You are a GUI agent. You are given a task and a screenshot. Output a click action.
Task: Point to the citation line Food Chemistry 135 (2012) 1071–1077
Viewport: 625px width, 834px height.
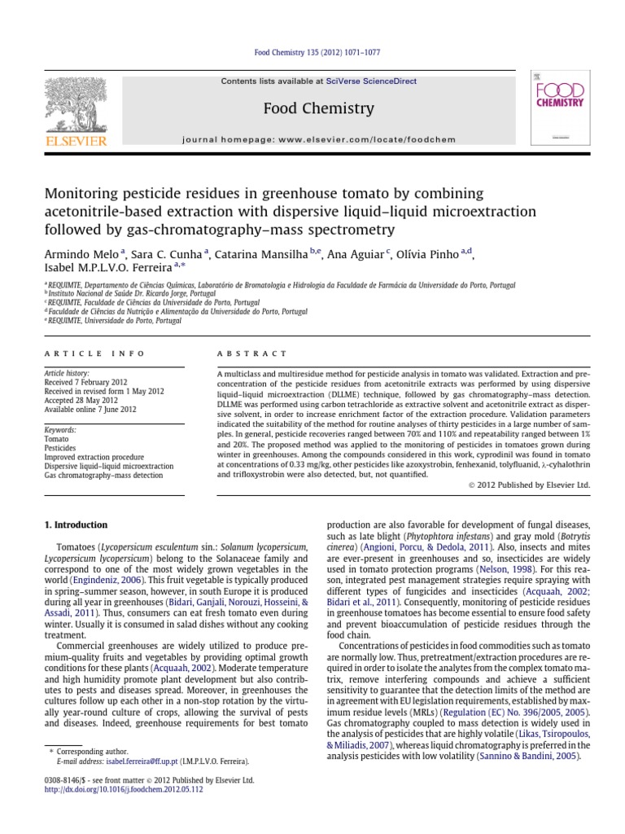(x=312, y=53)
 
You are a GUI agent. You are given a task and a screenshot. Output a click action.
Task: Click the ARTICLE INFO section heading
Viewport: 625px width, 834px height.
(x=94, y=353)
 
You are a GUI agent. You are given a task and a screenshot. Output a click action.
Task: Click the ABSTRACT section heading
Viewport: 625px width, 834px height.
(x=251, y=353)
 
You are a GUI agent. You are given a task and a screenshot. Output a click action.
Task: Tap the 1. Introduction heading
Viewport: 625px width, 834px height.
(x=75, y=525)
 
